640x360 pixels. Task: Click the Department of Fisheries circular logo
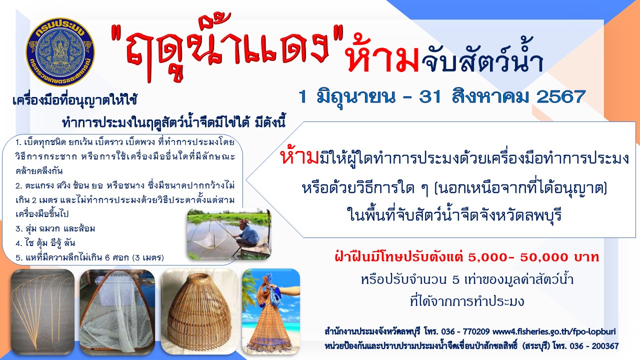60,51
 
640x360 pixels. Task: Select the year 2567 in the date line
561,96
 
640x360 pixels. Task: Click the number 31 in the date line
431,96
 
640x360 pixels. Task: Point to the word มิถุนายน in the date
355,97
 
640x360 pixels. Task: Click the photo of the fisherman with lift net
229,234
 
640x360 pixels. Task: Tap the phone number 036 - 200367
594,346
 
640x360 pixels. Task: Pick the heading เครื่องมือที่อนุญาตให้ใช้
75,100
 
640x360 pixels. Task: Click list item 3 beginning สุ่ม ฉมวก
55,228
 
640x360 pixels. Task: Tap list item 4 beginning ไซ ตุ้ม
45,243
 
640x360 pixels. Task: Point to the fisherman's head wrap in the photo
244,222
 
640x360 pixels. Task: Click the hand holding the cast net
273,286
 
